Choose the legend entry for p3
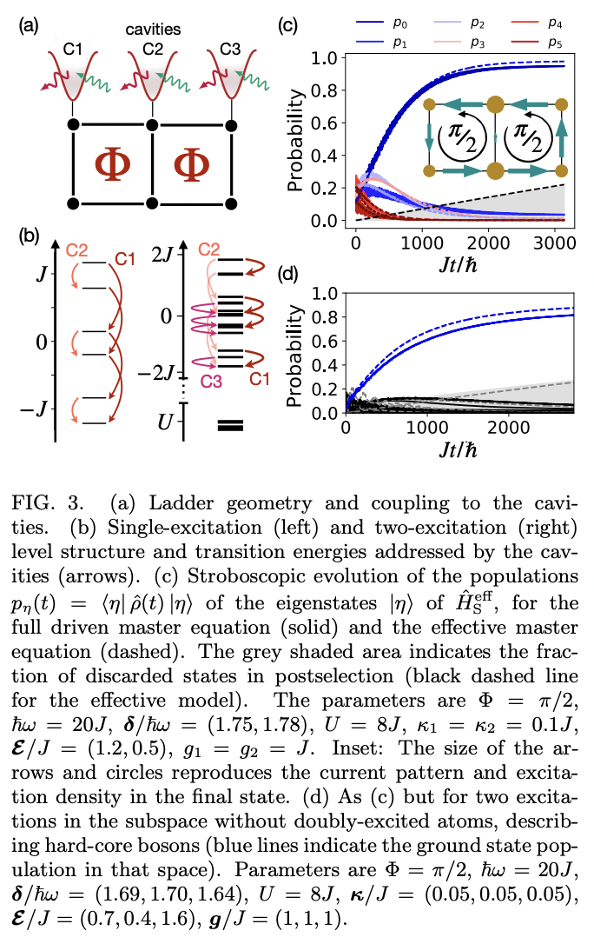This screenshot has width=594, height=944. (474, 41)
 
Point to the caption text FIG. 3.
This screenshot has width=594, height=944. (54, 502)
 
